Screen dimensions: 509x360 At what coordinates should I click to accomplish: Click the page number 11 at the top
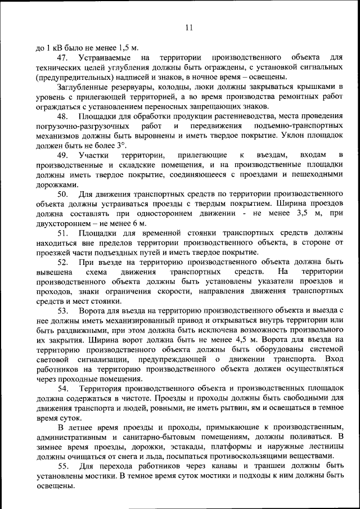pos(188,28)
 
